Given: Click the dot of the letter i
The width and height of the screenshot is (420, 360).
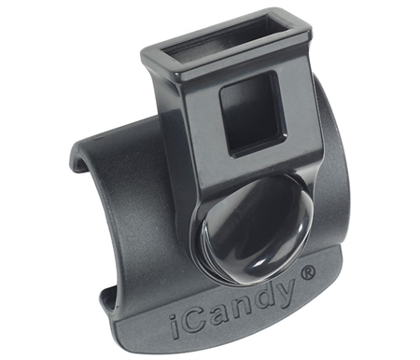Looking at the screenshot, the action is tap(173, 318).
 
